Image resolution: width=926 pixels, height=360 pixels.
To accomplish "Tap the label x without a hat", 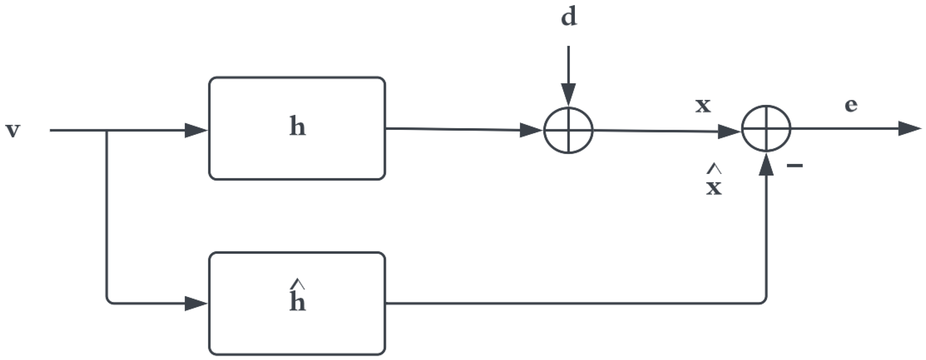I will tap(703, 105).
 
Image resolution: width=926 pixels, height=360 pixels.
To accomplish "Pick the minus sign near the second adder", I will tap(795, 166).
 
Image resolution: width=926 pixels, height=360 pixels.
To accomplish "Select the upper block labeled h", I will tap(297, 128).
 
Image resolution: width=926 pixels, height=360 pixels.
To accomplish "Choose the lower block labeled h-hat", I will tap(297, 304).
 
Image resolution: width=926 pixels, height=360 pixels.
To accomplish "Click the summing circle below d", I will tap(568, 131).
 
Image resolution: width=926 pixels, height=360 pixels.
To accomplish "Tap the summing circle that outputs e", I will tap(766, 129).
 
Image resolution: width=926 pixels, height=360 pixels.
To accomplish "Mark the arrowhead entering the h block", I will tap(196, 131).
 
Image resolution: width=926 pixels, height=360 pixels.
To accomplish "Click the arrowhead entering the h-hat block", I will tap(196, 304).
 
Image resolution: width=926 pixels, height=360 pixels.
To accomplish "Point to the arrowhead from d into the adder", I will tap(568, 95).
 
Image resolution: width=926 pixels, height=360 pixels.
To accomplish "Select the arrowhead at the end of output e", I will tap(909, 129).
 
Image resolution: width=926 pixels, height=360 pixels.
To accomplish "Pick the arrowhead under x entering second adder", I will tap(729, 132).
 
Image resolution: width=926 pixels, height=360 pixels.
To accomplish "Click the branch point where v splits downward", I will tap(107, 131).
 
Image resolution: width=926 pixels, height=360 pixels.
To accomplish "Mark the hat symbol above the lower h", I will tap(298, 284).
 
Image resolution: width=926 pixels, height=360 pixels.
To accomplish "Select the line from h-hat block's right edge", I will tap(575, 304).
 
